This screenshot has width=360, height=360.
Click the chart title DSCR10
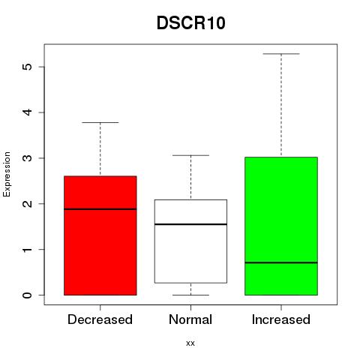[x=191, y=23]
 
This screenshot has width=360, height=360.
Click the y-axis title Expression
[x=7, y=174]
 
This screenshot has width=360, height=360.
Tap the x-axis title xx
[x=190, y=343]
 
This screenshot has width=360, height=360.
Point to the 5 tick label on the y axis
[x=28, y=67]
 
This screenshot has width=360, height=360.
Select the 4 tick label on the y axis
[x=28, y=112]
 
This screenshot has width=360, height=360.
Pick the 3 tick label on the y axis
[x=28, y=158]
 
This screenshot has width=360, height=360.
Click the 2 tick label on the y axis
[x=28, y=204]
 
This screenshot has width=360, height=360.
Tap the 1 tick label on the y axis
[x=28, y=249]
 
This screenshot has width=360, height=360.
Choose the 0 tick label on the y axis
[x=28, y=295]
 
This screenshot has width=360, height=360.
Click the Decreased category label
[x=100, y=319]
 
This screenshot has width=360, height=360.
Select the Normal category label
[x=190, y=319]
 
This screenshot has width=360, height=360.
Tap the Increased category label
[x=281, y=319]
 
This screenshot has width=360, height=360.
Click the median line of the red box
[x=100, y=209]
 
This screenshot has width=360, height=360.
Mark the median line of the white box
[x=190, y=224]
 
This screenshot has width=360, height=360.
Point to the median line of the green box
[x=281, y=262]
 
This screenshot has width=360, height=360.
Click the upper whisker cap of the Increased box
[x=281, y=54]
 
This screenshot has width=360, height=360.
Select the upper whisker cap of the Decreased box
[x=100, y=122]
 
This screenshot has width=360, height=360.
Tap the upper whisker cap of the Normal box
[x=190, y=155]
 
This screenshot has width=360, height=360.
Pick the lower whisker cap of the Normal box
[x=190, y=295]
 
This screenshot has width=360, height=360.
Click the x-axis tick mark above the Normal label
[x=190, y=307]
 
